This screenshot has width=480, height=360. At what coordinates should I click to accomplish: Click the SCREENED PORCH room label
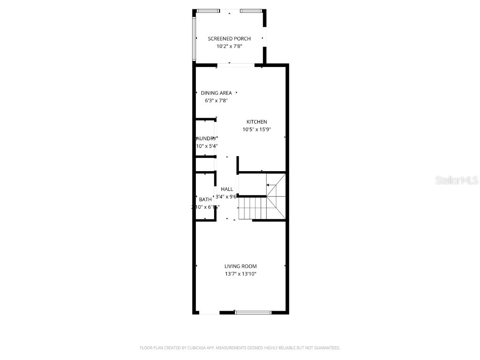229,38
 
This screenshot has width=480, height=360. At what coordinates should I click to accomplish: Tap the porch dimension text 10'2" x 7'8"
229,46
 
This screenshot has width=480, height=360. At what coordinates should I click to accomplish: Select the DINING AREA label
216,93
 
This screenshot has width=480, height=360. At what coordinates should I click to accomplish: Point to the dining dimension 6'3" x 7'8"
216,100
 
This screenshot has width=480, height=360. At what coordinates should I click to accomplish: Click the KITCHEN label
257,122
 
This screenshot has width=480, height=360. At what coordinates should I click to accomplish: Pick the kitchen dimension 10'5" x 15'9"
257,129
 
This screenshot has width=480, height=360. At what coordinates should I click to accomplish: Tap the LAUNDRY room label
206,138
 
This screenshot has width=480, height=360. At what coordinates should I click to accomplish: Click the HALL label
227,189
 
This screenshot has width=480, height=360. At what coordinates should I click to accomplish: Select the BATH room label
205,199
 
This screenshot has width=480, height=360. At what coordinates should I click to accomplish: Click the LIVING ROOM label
240,266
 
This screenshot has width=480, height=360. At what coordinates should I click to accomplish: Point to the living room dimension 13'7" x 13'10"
240,274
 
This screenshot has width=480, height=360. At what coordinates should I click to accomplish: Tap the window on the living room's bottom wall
253,312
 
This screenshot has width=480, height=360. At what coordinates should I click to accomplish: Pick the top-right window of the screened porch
252,11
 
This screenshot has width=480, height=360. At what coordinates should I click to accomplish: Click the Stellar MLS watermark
457,180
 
